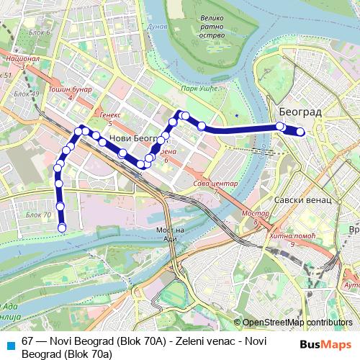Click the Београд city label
(300, 113)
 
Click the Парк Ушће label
(199, 89)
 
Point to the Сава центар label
(215, 184)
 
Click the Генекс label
(109, 114)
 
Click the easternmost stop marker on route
(301, 132)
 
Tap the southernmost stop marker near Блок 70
(62, 228)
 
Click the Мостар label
(255, 215)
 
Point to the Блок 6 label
(40, 33)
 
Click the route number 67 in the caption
(28, 339)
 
